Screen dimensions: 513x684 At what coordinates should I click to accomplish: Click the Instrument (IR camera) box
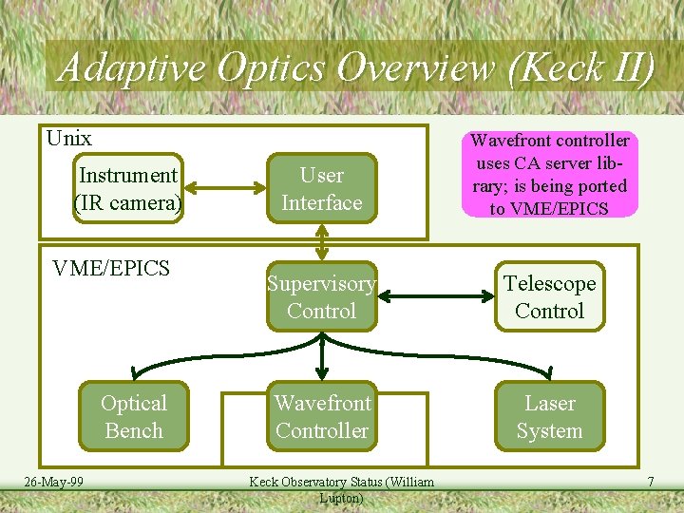[128, 189]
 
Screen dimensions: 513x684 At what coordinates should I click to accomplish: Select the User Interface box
[322, 189]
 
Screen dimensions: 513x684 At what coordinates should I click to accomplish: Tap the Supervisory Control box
[322, 297]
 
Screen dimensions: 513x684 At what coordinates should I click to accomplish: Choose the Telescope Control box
[549, 297]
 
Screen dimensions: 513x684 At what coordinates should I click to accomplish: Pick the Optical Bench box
[133, 416]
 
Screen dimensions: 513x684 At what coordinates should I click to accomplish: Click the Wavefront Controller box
[322, 416]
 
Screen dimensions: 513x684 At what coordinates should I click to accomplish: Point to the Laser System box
[549, 416]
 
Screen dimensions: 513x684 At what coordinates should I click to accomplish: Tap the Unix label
[69, 139]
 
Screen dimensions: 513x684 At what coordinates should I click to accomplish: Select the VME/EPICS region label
[111, 269]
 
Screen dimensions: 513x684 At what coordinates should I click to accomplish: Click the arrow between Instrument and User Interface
[224, 189]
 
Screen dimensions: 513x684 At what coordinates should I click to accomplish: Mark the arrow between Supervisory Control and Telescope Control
[435, 297]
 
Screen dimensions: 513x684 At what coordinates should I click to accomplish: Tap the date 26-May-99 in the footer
[54, 483]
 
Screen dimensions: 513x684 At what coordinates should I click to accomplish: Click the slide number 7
[650, 483]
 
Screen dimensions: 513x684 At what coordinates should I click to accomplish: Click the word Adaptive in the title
[131, 68]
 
